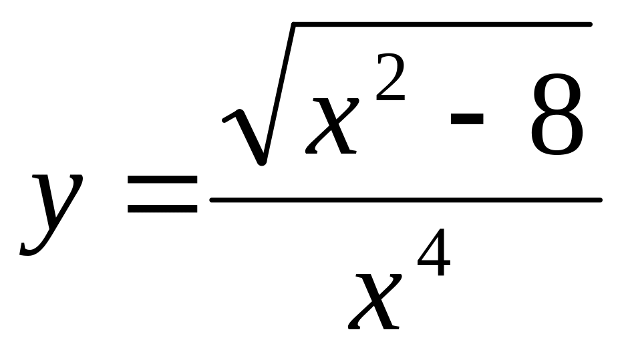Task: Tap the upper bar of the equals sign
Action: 162,182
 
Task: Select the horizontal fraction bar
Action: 406,199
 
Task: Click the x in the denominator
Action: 375,301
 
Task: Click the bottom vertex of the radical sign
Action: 262,162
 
